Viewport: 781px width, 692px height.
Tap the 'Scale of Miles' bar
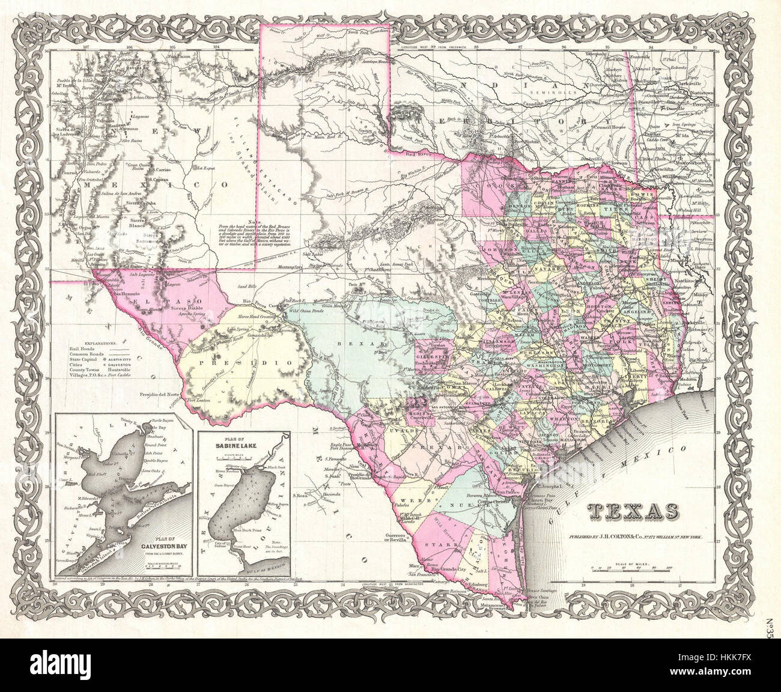tap(631, 567)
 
